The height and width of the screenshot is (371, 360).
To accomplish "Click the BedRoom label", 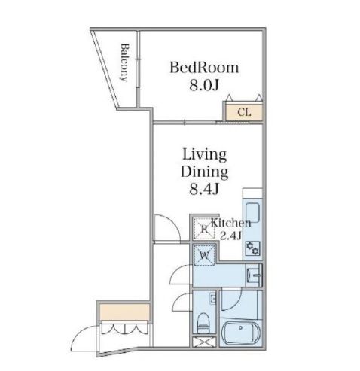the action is (x=204, y=68).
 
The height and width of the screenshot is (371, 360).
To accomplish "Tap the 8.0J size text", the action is (x=204, y=85).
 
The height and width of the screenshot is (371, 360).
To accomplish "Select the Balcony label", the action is (x=124, y=62).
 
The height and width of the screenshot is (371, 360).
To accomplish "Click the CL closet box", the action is (x=244, y=112).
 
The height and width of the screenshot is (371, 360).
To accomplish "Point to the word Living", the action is (x=204, y=155).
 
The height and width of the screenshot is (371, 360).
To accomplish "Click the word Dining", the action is (x=204, y=172).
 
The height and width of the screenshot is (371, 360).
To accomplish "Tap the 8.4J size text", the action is (x=204, y=189).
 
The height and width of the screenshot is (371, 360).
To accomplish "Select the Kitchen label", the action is (x=231, y=223).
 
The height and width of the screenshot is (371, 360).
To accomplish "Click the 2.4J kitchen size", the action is (x=230, y=236).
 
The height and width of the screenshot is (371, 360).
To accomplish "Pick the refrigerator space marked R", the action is (x=205, y=229).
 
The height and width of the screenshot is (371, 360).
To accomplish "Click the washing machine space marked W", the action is (x=205, y=255).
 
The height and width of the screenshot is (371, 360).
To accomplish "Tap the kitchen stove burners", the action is (x=252, y=248).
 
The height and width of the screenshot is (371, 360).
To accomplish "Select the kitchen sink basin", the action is (x=252, y=213).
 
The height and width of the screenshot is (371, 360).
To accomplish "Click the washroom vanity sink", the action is (x=254, y=275).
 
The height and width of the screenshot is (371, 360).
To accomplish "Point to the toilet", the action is (x=203, y=323).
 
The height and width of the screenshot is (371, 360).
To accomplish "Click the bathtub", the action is (x=240, y=333).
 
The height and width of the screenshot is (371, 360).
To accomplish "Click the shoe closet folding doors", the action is (x=124, y=328).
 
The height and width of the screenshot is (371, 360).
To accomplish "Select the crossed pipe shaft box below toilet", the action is (x=204, y=342).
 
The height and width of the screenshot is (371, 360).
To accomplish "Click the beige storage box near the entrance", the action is (x=124, y=312).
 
